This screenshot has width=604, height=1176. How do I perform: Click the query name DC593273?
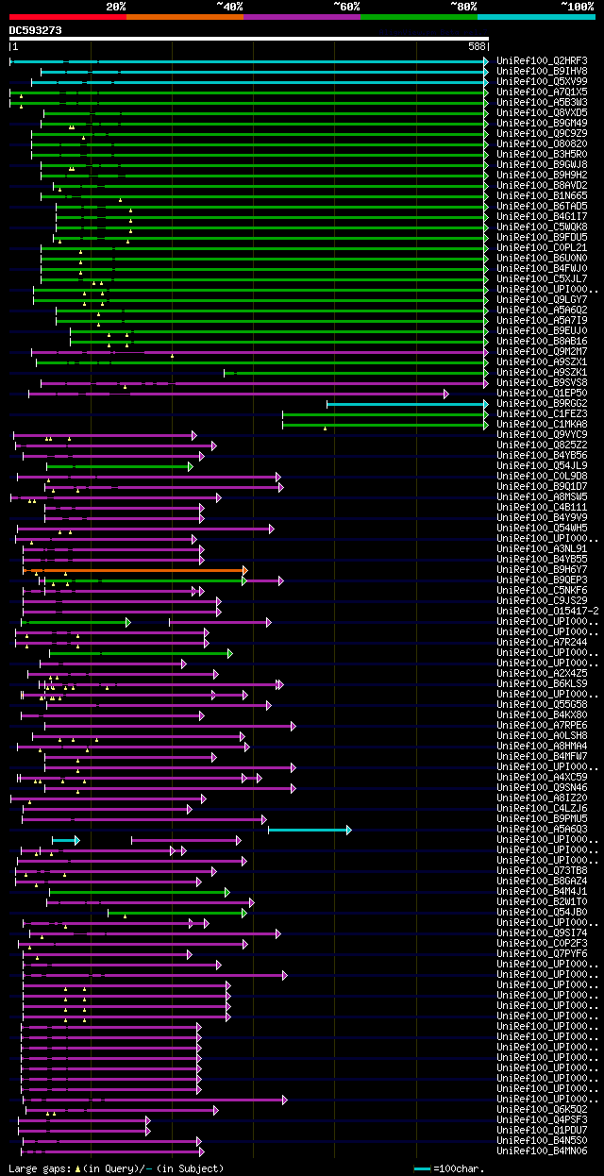(x=35, y=30)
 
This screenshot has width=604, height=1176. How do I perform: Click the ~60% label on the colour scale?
(x=346, y=7)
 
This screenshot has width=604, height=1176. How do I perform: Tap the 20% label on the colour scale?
(x=115, y=7)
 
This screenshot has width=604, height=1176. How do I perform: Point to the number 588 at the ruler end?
(x=477, y=45)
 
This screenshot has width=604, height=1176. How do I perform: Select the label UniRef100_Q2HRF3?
(x=543, y=61)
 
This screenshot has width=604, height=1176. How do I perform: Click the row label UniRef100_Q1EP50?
(x=543, y=394)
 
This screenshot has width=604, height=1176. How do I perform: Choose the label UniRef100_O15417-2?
(x=547, y=612)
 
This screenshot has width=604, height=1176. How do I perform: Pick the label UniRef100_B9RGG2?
(x=543, y=404)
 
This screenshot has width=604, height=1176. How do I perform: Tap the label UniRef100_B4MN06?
(x=543, y=1151)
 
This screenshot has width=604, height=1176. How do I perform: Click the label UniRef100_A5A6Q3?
(x=543, y=830)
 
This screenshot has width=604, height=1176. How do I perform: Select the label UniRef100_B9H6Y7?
(x=543, y=570)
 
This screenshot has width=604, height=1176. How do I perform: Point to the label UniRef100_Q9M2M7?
(x=543, y=352)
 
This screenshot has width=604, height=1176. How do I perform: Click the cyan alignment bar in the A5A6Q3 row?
(x=309, y=830)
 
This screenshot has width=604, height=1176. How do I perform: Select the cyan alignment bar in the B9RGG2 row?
(x=406, y=404)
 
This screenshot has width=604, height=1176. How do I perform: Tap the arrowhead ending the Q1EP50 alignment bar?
(x=446, y=394)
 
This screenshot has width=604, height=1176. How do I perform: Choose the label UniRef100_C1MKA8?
(x=543, y=425)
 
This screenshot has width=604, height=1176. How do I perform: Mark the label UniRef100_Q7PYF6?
(x=543, y=954)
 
